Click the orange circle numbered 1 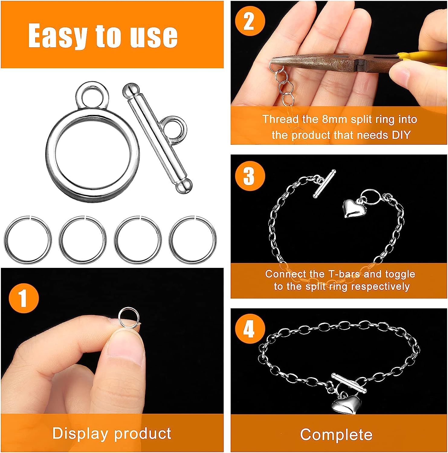24,298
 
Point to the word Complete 336,435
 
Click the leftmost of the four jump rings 27,240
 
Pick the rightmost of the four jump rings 193,240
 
